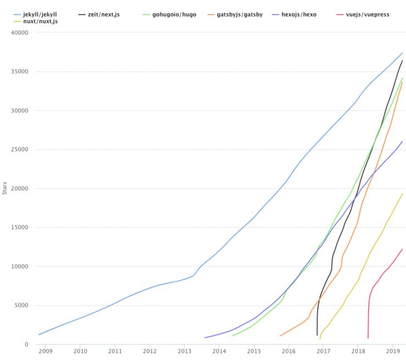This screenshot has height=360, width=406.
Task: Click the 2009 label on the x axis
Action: coord(46,351)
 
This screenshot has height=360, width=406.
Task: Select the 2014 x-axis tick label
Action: coord(219,351)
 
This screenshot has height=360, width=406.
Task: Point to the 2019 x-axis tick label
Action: coord(393,351)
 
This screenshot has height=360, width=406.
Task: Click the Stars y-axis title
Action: coord(5,188)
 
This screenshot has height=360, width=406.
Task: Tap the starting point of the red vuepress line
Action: coord(367,337)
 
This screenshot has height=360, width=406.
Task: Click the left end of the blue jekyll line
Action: coord(39,335)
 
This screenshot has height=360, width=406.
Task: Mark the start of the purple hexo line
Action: coord(205,337)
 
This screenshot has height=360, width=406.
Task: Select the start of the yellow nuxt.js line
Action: coord(320,339)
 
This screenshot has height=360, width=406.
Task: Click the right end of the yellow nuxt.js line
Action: coord(402,193)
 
